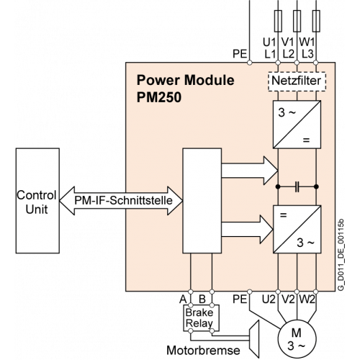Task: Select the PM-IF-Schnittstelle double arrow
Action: [121, 201]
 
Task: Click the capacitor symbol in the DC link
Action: [297, 186]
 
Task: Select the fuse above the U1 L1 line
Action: [278, 21]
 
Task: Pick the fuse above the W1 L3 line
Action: [316, 21]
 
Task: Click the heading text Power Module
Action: [185, 80]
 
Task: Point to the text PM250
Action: [159, 97]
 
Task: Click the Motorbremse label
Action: [203, 351]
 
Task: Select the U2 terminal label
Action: [269, 300]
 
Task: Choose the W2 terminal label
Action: [307, 300]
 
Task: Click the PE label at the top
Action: [240, 54]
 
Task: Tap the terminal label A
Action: [183, 300]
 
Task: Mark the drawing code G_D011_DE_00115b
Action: [341, 255]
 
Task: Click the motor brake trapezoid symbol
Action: [254, 338]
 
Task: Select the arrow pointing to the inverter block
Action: [247, 230]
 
